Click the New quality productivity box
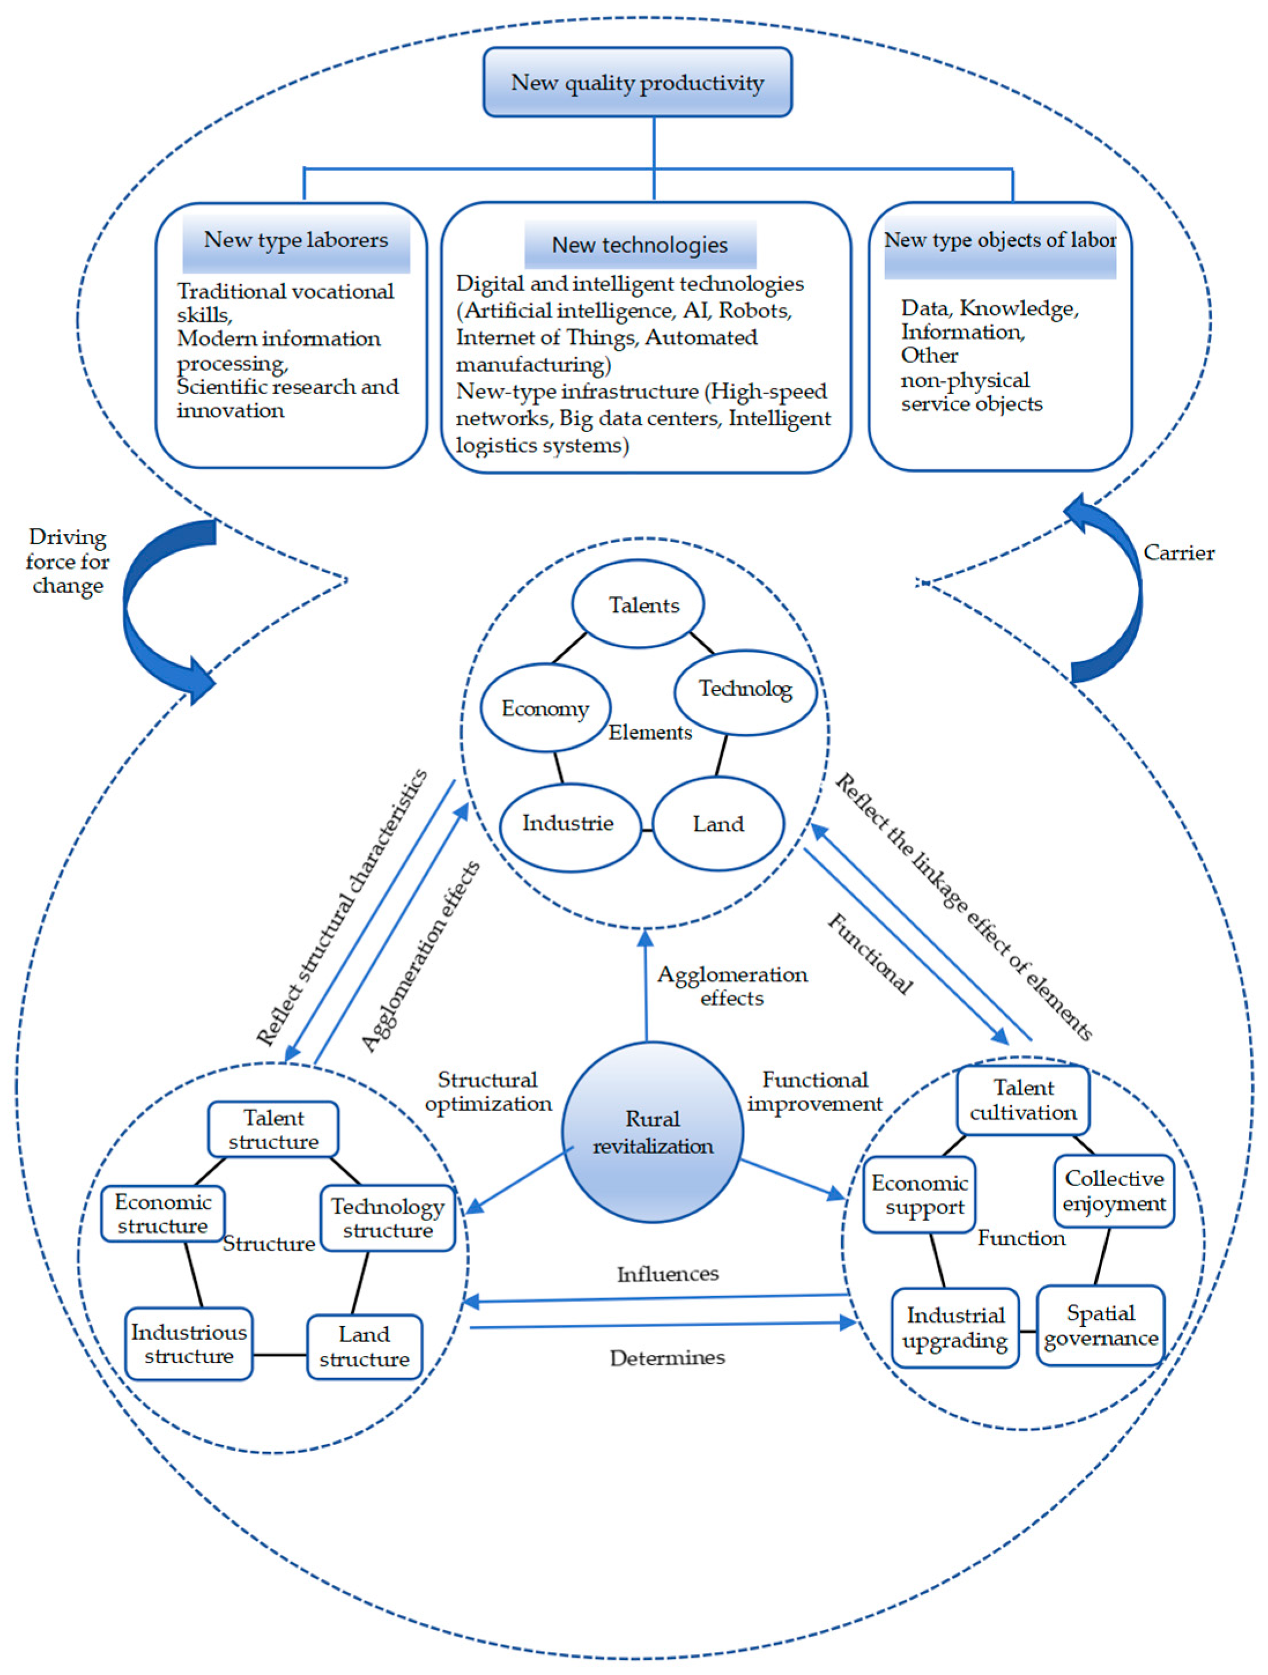(637, 82)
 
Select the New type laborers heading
(296, 242)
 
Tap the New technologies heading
(639, 244)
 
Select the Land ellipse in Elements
(717, 824)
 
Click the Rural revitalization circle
(653, 1132)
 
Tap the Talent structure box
(273, 1129)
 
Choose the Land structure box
(364, 1346)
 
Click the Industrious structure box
(188, 1344)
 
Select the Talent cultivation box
(1022, 1100)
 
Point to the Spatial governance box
(1100, 1326)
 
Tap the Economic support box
(919, 1195)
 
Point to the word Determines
(667, 1358)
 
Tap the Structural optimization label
(488, 1091)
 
